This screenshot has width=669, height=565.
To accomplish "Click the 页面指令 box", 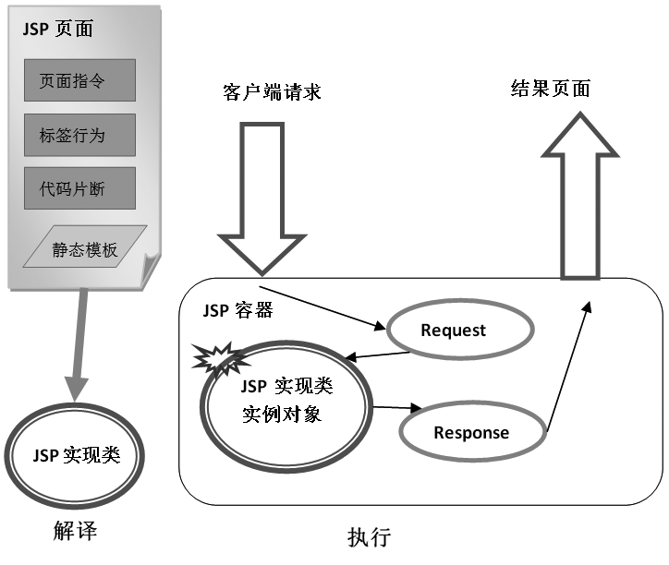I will (x=81, y=80).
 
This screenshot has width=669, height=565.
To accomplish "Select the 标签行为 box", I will (x=81, y=135).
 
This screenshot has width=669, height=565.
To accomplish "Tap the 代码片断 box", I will (x=81, y=188).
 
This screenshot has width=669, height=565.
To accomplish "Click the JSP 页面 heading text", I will (x=56, y=29).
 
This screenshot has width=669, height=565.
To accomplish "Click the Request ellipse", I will (x=453, y=330).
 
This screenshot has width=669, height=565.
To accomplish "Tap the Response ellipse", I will (x=471, y=432).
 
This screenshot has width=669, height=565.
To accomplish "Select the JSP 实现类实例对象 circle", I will (x=281, y=401).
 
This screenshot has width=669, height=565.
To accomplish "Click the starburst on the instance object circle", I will (x=221, y=361).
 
